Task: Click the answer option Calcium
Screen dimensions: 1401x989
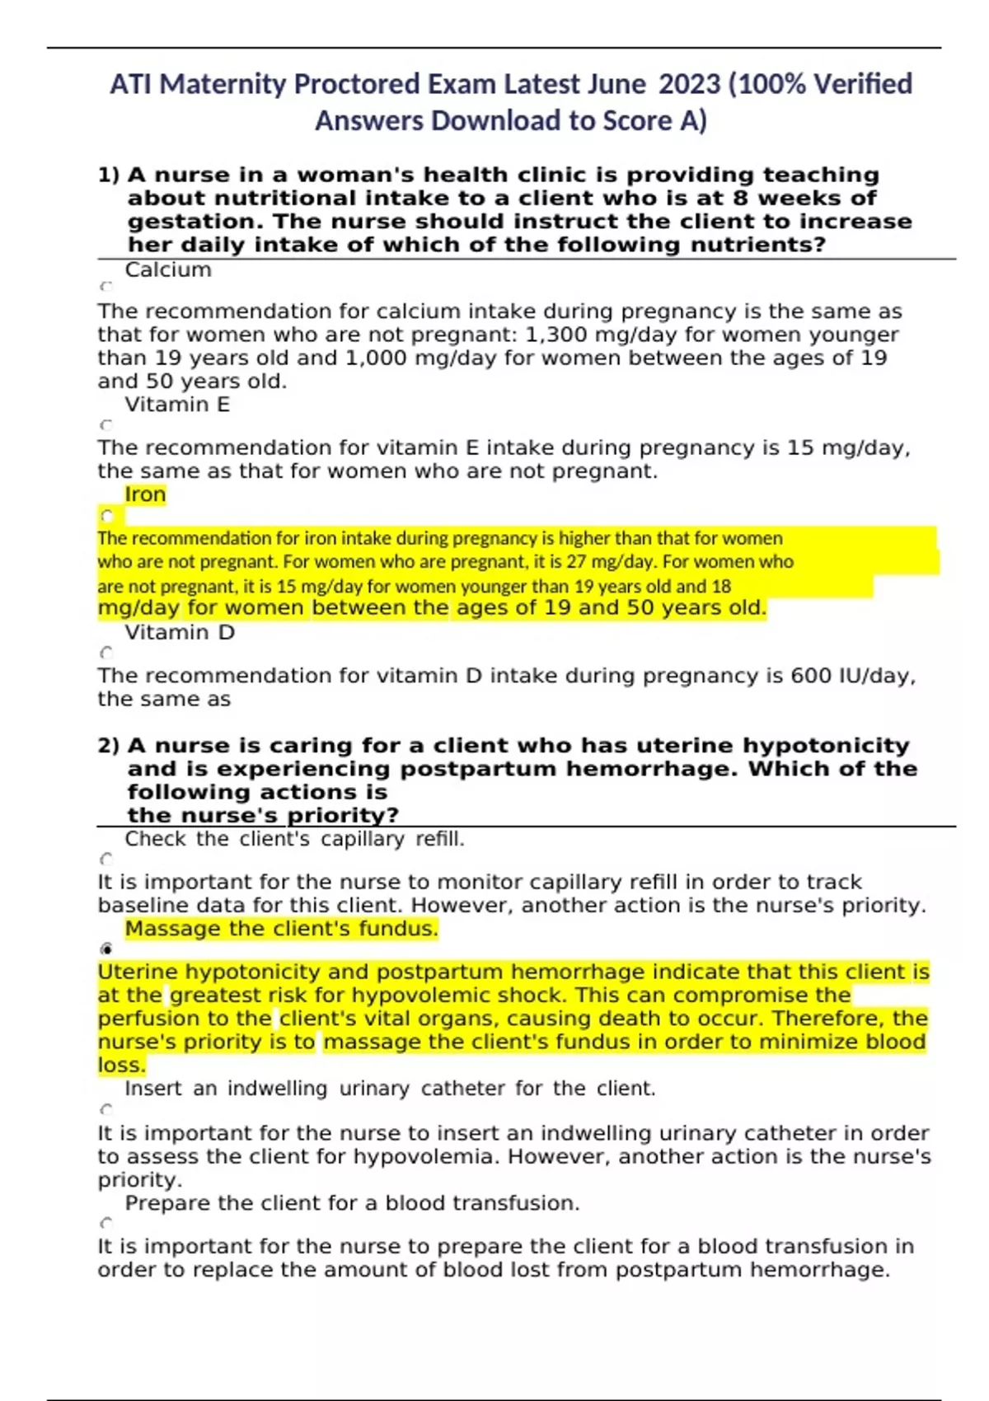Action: click(168, 270)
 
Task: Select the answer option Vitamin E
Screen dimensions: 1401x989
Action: click(177, 405)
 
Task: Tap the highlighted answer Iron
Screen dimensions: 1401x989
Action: click(145, 494)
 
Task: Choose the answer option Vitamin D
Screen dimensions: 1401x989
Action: click(180, 633)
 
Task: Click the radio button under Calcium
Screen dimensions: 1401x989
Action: click(105, 287)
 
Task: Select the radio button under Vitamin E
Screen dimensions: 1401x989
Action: click(105, 425)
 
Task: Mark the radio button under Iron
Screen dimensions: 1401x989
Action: click(106, 517)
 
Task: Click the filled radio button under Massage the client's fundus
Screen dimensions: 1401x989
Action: click(105, 949)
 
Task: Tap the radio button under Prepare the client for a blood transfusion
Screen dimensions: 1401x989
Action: click(105, 1224)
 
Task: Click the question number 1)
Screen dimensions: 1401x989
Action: click(108, 176)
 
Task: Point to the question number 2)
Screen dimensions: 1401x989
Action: click(108, 746)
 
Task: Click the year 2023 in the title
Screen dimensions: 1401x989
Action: click(690, 84)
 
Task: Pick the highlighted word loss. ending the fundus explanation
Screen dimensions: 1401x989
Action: click(121, 1066)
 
